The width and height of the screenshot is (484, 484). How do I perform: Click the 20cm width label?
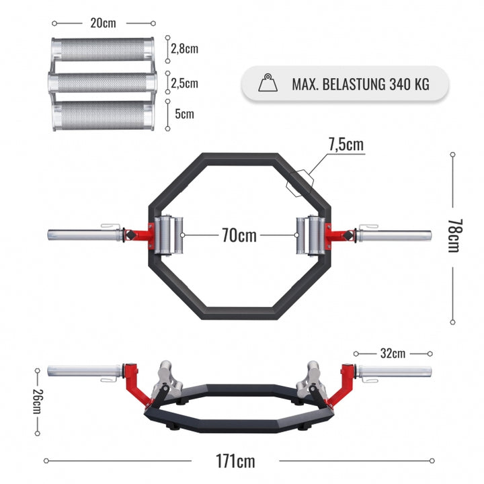(103, 23)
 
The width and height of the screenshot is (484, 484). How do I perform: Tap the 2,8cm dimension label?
(184, 50)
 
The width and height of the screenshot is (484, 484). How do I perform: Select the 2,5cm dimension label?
(184, 83)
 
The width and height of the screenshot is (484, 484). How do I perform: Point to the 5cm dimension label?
(184, 114)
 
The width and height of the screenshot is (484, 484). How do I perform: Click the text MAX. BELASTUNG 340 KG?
(360, 84)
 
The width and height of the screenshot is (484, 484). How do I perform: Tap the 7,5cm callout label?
(346, 145)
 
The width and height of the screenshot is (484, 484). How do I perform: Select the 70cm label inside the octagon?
(239, 235)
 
